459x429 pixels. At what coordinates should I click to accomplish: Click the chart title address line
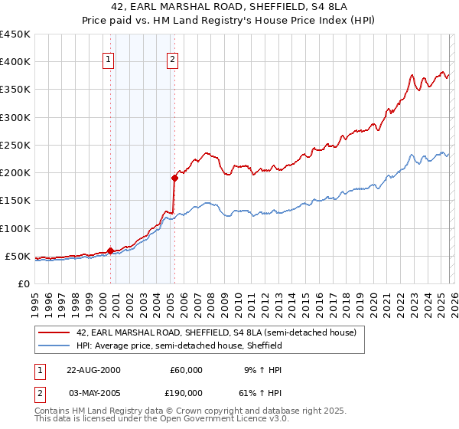click(x=229, y=8)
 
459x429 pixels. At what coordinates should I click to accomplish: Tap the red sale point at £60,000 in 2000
click(x=110, y=251)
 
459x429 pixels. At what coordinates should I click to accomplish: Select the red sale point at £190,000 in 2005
click(x=174, y=178)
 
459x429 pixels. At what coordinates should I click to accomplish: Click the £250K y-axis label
click(x=15, y=145)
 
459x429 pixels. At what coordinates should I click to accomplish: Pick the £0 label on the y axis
click(x=23, y=283)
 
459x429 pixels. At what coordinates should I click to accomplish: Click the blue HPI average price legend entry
click(x=179, y=345)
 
